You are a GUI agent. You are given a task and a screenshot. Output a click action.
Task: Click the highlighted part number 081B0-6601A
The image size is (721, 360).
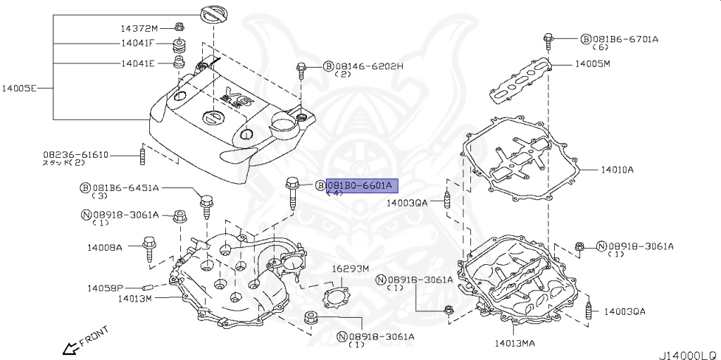pos(363,185)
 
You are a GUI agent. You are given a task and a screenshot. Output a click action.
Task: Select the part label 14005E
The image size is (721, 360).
pos(18,89)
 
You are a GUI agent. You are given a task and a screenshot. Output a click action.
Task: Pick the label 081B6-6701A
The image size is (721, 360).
pos(625,39)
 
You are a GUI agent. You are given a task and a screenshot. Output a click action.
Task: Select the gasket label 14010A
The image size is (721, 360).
pos(617,170)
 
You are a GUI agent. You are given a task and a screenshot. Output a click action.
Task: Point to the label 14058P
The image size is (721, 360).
pos(105,288)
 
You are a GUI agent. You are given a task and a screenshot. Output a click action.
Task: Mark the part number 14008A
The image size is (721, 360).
pos(105,248)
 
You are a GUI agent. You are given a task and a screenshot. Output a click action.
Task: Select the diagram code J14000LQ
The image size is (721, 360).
pos(687,354)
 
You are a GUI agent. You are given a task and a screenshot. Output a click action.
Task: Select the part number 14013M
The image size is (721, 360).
pos(134,299)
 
